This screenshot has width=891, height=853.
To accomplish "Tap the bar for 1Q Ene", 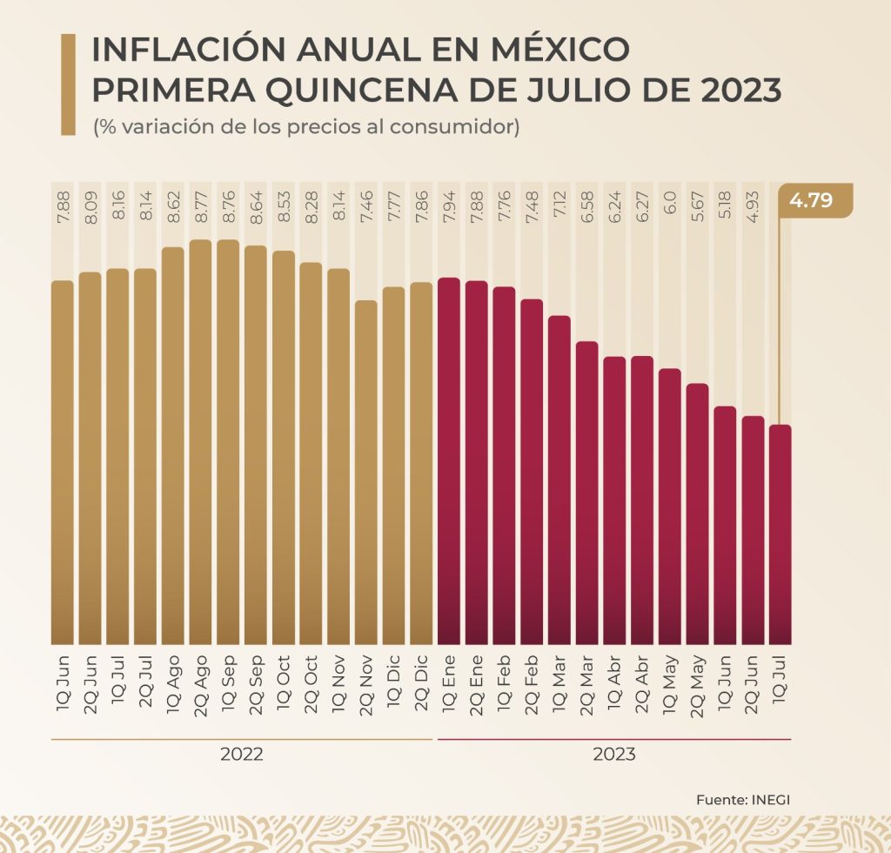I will (449, 460).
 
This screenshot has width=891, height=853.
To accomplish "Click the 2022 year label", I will (243, 755).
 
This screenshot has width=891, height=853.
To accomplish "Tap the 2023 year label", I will (614, 755).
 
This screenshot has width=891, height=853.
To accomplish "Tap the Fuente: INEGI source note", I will (743, 799).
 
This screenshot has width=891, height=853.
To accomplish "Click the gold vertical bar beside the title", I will (68, 84).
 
